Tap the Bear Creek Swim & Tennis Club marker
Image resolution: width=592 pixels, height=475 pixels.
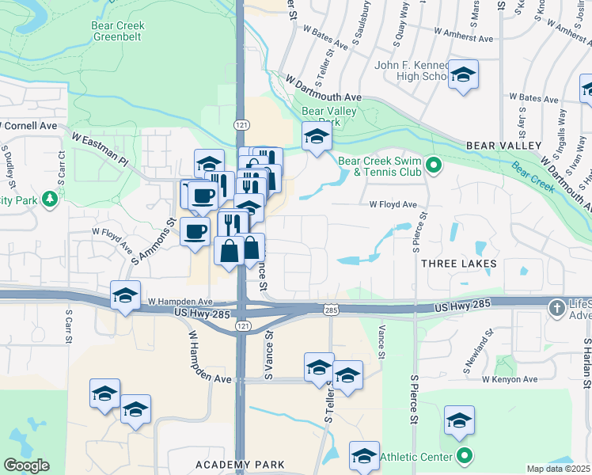[433, 165]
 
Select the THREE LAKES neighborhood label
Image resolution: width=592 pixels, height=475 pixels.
[459, 263]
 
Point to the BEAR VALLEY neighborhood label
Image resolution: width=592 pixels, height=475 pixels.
[503, 146]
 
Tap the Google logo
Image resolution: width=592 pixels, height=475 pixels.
[26, 465]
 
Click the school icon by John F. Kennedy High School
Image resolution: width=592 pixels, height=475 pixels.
[463, 75]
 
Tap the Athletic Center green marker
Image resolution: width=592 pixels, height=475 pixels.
[465, 457]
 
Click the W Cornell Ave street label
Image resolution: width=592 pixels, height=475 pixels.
[29, 126]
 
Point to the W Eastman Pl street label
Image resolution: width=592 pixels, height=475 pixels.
[100, 148]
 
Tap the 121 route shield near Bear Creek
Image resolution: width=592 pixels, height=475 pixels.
[242, 125]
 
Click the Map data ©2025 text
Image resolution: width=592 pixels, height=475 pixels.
[559, 469]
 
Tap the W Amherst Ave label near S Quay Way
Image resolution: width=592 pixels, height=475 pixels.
[464, 37]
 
